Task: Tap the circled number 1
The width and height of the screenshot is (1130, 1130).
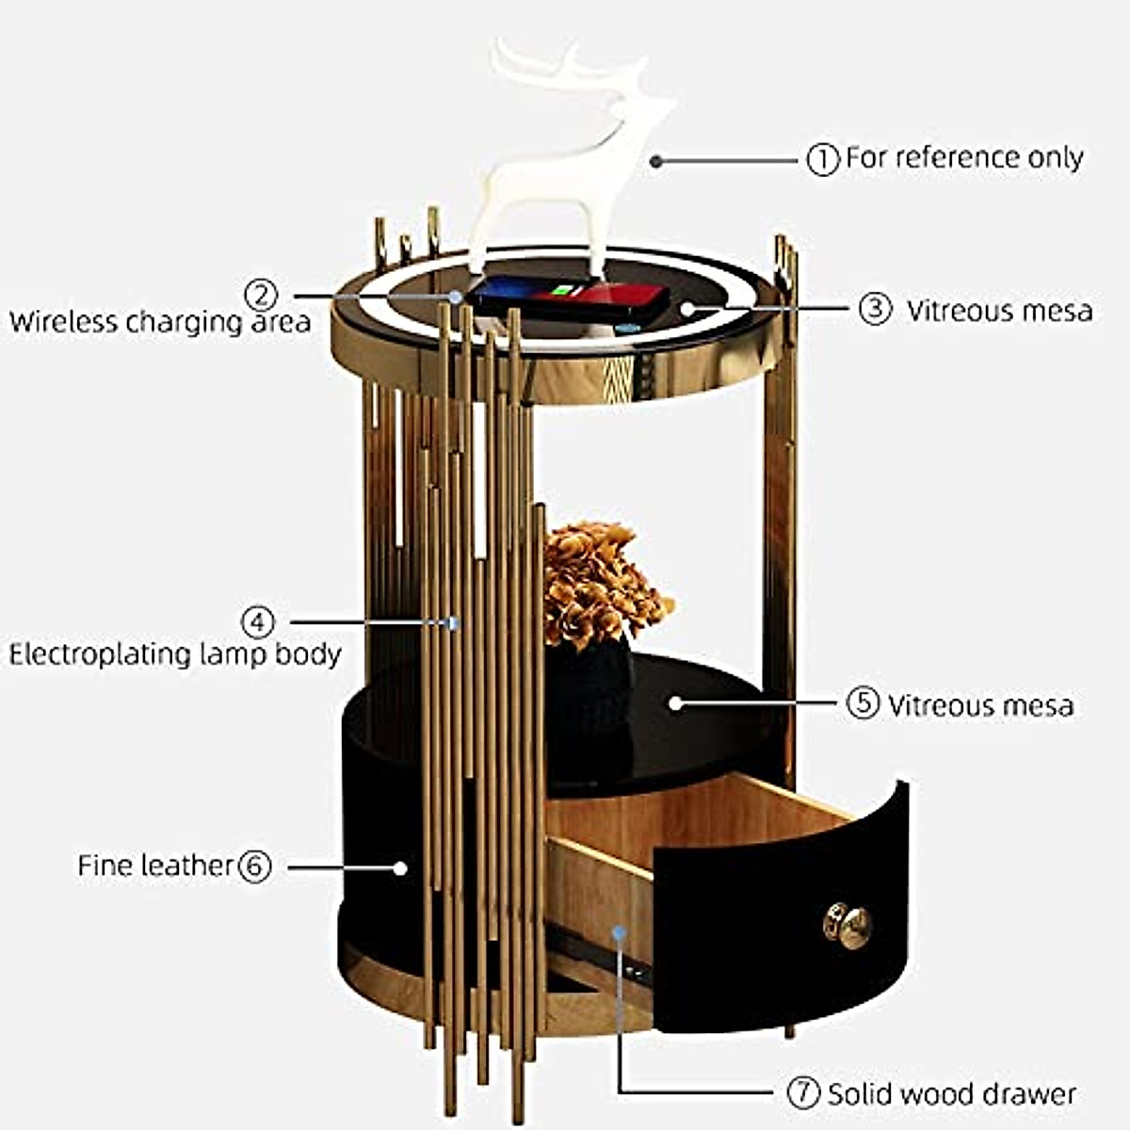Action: point(823,159)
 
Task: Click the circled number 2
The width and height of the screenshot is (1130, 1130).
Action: point(261,295)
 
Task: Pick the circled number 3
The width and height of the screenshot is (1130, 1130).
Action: point(875,309)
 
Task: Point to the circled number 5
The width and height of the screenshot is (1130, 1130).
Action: point(863,703)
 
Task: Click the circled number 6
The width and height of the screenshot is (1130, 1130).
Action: point(254,865)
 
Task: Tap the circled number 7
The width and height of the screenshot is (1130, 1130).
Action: point(803,1093)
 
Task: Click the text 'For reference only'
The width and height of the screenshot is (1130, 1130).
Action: point(964,157)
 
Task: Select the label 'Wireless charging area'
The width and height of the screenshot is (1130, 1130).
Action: point(160,322)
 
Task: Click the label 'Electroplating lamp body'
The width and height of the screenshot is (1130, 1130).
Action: point(175,654)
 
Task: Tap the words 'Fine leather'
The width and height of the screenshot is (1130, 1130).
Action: point(154,865)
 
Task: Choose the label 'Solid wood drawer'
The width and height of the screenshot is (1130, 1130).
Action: point(951,1094)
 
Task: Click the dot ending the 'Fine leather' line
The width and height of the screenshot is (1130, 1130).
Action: point(400,867)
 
